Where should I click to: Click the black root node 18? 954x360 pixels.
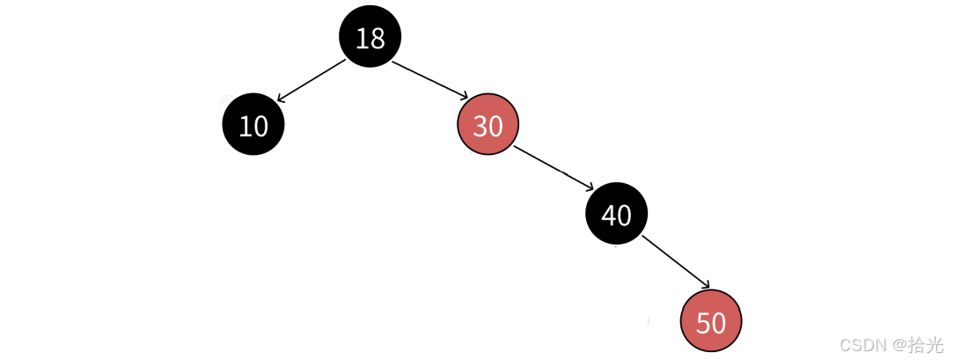(370, 37)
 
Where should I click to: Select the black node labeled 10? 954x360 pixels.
(253, 125)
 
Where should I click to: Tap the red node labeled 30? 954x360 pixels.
(488, 125)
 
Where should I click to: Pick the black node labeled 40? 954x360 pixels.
(616, 214)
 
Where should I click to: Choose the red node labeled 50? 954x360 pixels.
(710, 321)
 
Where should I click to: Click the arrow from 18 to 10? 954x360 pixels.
(312, 79)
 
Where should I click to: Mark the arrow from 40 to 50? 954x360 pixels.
(676, 261)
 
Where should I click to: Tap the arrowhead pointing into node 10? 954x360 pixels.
(281, 97)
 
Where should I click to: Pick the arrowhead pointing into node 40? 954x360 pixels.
(591, 187)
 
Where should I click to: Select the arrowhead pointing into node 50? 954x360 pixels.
(705, 284)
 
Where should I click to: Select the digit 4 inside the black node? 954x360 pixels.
(608, 215)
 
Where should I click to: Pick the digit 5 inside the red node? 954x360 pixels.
(702, 322)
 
